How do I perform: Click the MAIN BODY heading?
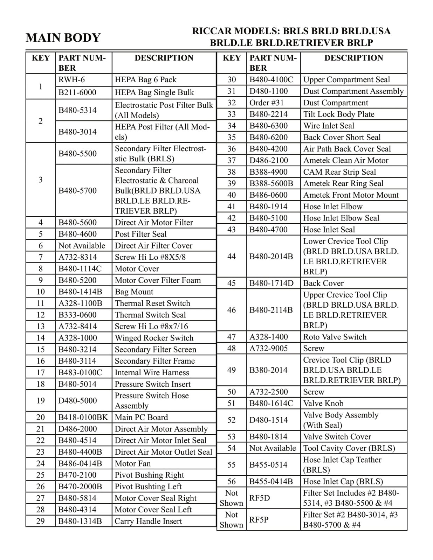click(x=63, y=37)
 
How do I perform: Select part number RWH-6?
click(x=71, y=80)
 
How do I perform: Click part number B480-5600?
click(x=77, y=223)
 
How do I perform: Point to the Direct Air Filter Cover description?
click(x=153, y=246)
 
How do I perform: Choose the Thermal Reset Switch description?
click(x=152, y=303)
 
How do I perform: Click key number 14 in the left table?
click(x=41, y=338)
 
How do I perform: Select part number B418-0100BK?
click(x=83, y=418)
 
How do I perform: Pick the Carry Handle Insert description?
click(x=148, y=521)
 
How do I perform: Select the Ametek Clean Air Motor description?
click(x=345, y=161)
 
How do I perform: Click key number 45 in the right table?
click(x=232, y=283)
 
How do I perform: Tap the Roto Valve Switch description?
click(x=335, y=337)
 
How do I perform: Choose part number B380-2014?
click(x=268, y=370)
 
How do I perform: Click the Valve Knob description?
click(x=323, y=404)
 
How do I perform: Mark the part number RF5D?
click(x=260, y=498)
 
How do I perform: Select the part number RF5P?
click(x=259, y=520)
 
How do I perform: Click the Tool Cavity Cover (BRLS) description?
click(x=349, y=448)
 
